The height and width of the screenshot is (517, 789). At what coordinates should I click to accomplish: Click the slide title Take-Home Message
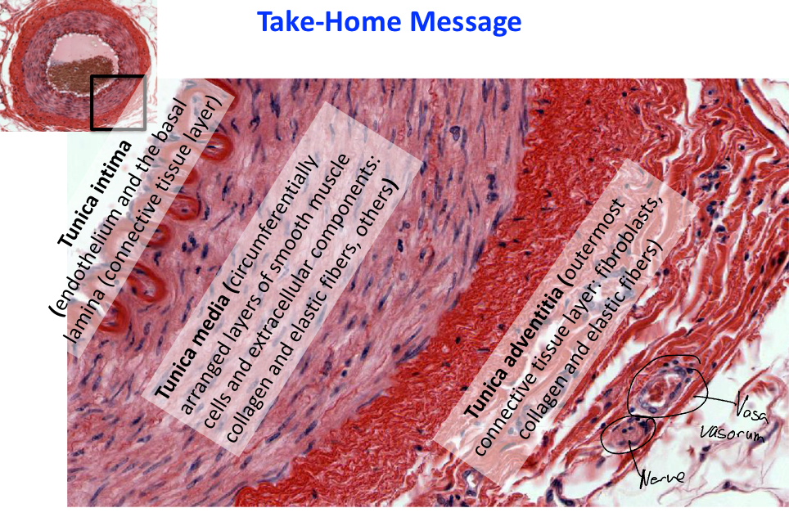point(389,22)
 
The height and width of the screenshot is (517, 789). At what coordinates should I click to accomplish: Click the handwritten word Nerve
point(662,474)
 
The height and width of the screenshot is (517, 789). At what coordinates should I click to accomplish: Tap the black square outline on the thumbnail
point(118,102)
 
